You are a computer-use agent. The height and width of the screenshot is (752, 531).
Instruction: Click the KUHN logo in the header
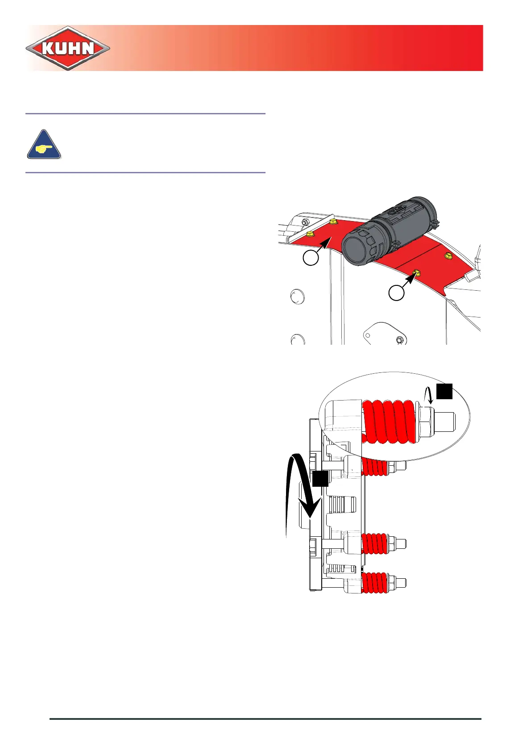point(68,48)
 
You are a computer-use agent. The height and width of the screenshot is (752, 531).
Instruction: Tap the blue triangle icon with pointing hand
point(44,145)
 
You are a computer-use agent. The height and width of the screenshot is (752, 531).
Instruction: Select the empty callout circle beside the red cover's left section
point(311,258)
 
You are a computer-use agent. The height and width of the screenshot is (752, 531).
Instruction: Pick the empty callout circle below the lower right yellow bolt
point(396,293)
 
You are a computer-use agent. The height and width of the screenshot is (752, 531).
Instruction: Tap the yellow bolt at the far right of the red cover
point(448,256)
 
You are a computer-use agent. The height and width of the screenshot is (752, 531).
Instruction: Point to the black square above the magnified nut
point(444,391)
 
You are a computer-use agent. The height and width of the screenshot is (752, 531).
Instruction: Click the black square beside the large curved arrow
point(320,478)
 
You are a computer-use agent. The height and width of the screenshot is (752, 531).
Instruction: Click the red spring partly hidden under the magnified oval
point(374,467)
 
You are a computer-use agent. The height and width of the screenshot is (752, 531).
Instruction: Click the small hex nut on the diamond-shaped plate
point(399,340)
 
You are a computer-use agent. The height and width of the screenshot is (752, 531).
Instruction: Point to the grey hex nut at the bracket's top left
point(304,222)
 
